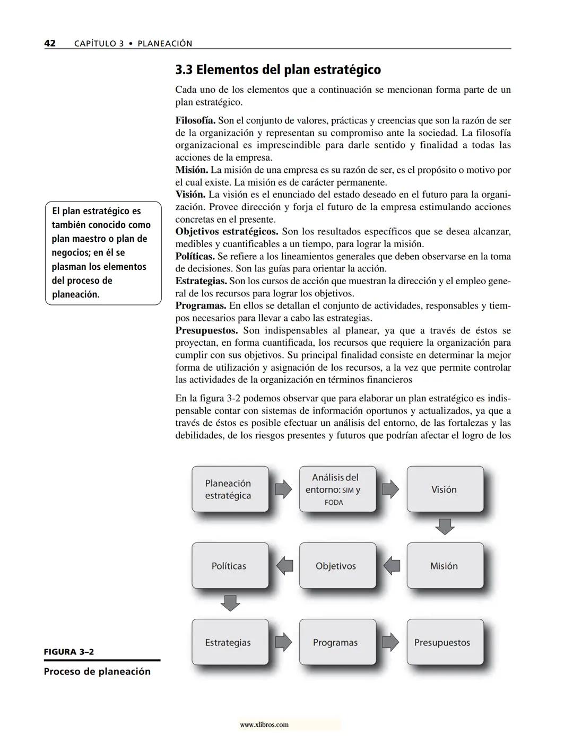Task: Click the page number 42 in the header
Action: [49, 43]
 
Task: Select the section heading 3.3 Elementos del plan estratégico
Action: [278, 69]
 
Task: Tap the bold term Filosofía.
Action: [195, 120]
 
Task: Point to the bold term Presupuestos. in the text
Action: [206, 330]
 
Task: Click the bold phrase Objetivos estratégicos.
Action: [227, 232]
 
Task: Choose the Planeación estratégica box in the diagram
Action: [230, 489]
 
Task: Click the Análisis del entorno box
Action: [337, 489]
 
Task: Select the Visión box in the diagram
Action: [445, 489]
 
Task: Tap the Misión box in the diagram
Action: [445, 566]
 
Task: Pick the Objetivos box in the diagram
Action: [337, 566]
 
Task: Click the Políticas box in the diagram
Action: [230, 566]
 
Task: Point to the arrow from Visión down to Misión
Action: [445, 527]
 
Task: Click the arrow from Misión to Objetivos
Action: [392, 566]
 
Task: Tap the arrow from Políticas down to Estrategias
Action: [230, 603]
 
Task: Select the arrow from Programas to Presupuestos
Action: [390, 642]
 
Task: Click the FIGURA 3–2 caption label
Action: [68, 652]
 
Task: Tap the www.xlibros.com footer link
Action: [264, 724]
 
